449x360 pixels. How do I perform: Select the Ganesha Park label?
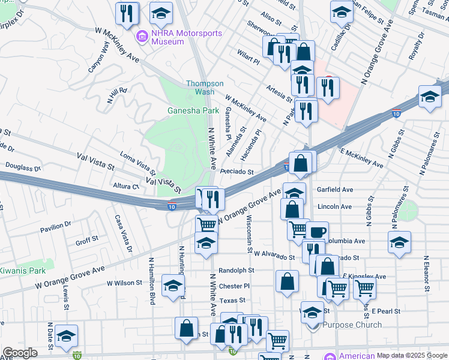point(193,110)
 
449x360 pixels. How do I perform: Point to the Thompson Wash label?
point(205,88)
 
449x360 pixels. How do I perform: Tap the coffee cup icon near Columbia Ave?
point(317,232)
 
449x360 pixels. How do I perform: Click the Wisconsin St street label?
point(249,235)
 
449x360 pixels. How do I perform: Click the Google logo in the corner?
point(20,353)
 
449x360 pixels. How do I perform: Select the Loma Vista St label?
point(139,165)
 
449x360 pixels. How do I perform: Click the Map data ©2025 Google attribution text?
point(411,355)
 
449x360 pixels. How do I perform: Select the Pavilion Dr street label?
point(56,228)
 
